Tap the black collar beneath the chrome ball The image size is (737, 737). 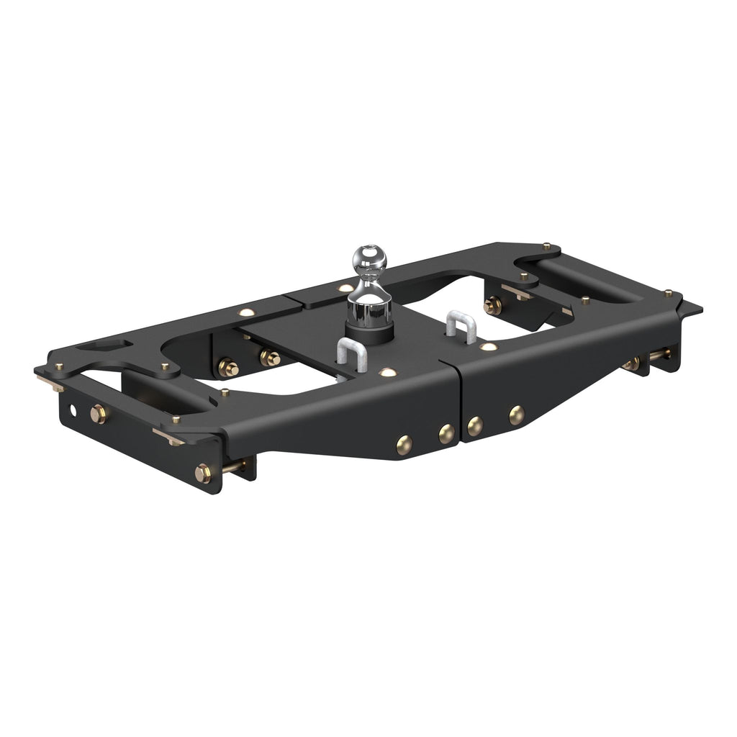(x=369, y=332)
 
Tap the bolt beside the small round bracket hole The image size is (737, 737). (x=98, y=414)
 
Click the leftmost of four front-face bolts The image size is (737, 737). (x=404, y=444)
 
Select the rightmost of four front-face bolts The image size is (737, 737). (x=516, y=415)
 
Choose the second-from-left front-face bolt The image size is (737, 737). (x=446, y=433)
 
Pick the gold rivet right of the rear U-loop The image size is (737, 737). (x=489, y=347)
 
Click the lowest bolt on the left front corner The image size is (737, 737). (x=203, y=473)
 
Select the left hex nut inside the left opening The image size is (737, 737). (x=228, y=368)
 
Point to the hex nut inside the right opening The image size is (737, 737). (x=493, y=305)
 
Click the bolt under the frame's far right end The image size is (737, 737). (x=633, y=363)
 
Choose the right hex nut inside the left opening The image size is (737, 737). (x=271, y=357)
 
